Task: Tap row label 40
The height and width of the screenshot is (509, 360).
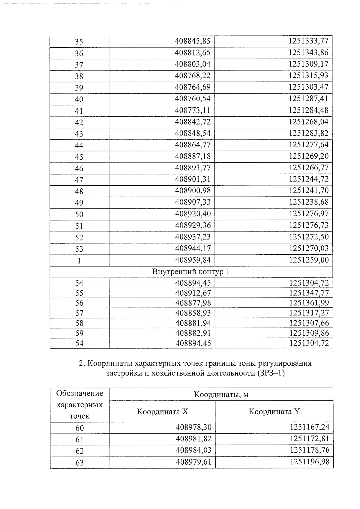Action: coord(79,99)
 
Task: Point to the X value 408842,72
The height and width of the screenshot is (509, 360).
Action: coord(193,122)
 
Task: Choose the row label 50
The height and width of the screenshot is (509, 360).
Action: coord(79,214)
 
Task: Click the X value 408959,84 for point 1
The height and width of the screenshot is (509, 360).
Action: coord(193,260)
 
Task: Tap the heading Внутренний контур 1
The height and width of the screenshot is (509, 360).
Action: coord(191,272)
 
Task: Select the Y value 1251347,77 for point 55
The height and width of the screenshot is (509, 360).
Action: coord(309,293)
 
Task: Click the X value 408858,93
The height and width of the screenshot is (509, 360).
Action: coord(193,313)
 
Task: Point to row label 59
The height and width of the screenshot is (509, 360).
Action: coord(79,333)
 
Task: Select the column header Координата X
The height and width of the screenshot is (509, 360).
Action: coord(162,412)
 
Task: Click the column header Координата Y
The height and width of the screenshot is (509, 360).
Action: coord(274,412)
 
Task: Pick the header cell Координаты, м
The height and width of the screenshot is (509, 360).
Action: coord(221,394)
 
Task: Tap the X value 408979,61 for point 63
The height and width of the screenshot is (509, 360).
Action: coord(193,462)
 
